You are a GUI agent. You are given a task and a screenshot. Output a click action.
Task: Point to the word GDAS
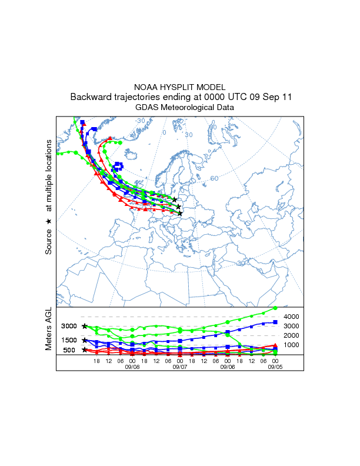(x=147, y=108)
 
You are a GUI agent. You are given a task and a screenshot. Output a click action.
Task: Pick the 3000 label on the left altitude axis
(x=69, y=327)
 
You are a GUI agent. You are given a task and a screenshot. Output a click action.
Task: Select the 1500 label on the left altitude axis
(x=69, y=340)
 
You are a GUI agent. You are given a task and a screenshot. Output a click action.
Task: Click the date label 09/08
(x=132, y=366)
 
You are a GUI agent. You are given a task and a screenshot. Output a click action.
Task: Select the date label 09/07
(x=179, y=366)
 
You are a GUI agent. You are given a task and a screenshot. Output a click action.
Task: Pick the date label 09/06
(x=228, y=366)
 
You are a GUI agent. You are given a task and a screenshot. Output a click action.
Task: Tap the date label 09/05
(x=275, y=366)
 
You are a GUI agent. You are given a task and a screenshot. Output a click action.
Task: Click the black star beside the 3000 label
(x=85, y=327)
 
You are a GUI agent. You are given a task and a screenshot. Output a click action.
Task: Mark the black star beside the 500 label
(x=85, y=350)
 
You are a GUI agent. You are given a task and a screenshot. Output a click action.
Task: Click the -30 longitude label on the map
(x=140, y=121)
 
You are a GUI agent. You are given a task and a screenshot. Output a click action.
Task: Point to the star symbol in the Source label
(x=49, y=221)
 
